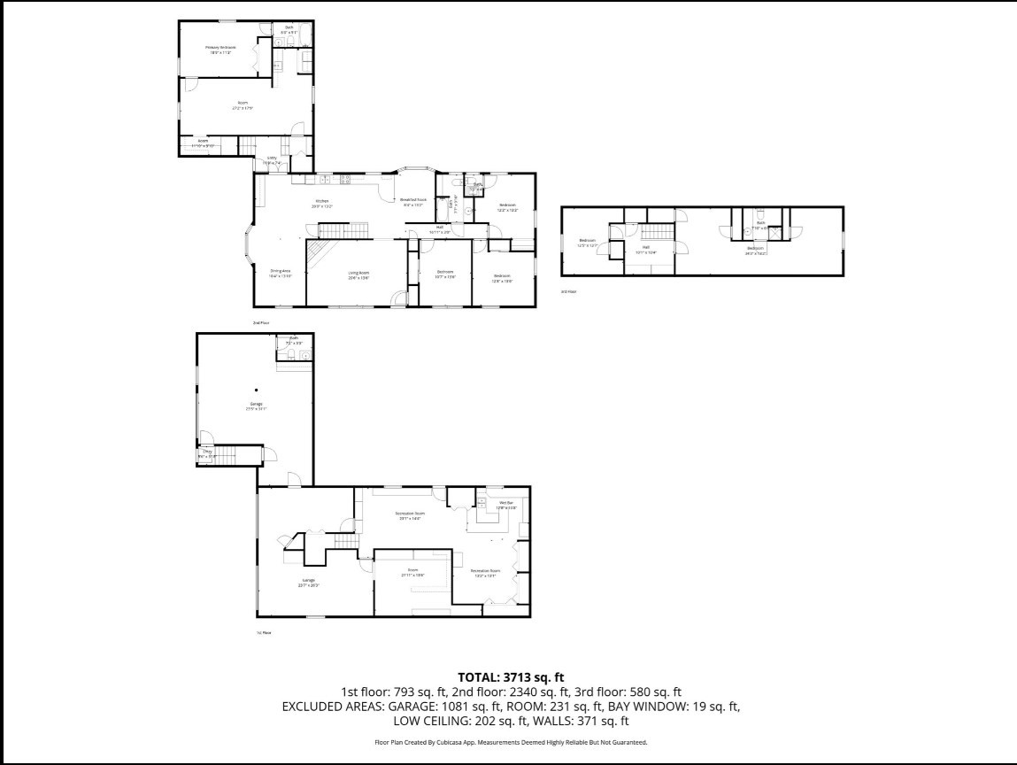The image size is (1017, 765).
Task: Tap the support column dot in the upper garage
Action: (257, 390)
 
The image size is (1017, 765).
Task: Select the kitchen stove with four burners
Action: (345, 180)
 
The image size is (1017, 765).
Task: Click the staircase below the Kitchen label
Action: (335, 231)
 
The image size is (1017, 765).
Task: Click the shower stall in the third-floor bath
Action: (776, 233)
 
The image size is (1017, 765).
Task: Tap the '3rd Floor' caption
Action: (568, 290)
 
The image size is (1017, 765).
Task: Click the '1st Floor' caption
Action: (264, 632)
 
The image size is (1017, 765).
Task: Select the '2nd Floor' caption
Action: (261, 322)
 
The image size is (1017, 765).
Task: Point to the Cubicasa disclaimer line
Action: (511, 742)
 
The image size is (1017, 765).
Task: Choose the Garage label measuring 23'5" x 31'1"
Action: (257, 407)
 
